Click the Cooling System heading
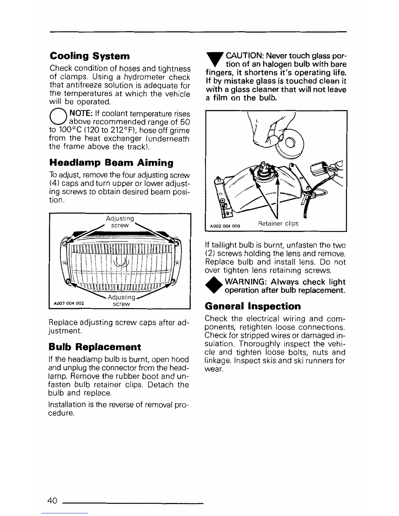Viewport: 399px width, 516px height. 90,56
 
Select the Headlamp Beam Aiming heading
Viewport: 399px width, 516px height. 111,163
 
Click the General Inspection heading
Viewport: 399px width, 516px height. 253,306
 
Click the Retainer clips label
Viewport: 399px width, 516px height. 278,224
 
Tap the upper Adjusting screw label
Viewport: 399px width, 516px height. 120,222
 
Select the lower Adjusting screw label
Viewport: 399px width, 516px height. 121,300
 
